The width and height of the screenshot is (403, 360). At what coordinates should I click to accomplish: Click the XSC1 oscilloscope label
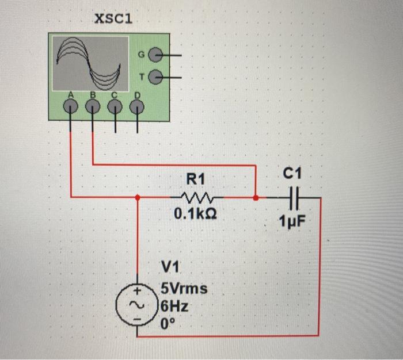[x=113, y=19]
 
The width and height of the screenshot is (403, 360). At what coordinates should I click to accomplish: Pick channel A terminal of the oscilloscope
[x=71, y=105]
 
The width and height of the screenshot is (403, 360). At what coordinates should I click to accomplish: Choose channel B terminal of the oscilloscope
[x=93, y=106]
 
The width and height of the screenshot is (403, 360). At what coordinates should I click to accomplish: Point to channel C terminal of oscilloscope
[x=115, y=106]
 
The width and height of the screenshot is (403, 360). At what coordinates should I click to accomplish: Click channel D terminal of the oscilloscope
[x=137, y=106]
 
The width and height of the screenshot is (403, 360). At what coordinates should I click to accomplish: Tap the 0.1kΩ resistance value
[x=195, y=215]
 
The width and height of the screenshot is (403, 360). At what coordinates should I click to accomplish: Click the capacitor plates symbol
[x=294, y=198]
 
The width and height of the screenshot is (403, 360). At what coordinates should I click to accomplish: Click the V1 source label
[x=171, y=266]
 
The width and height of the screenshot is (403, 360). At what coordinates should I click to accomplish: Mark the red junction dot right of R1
[x=256, y=197]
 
